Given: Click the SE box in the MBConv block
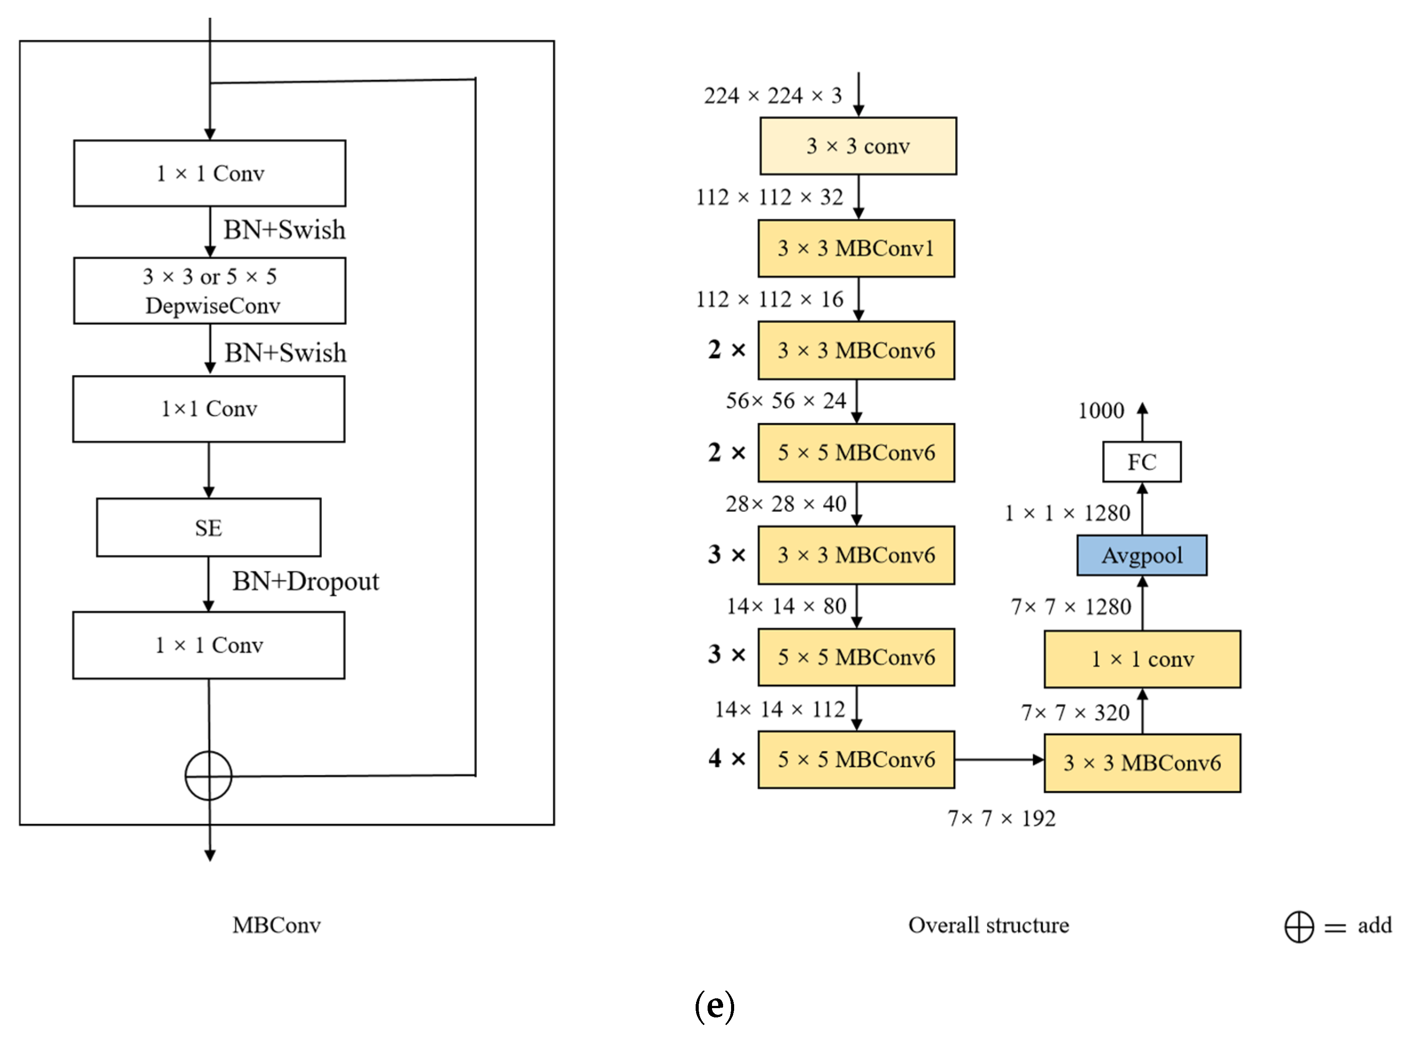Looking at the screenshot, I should (208, 528).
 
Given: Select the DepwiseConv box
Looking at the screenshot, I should (209, 291).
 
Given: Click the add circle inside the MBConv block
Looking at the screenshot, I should (208, 776).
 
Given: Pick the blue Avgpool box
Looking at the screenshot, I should (1142, 555).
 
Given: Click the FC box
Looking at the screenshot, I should (1142, 462).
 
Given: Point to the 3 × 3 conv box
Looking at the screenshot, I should (858, 146).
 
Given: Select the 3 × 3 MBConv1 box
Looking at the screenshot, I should (856, 248).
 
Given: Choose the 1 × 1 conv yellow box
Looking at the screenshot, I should (1142, 659).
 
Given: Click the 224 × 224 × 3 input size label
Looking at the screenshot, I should (772, 96).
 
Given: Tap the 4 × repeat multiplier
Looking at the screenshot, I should (727, 758).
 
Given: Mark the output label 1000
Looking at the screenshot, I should (1100, 411).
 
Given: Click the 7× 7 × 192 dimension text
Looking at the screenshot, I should (1001, 819).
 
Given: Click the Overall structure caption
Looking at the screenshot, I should (988, 925).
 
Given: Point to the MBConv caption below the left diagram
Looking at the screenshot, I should (276, 925).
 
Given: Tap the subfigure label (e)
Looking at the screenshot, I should (714, 1005).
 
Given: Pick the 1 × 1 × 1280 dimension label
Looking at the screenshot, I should (1067, 513).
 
